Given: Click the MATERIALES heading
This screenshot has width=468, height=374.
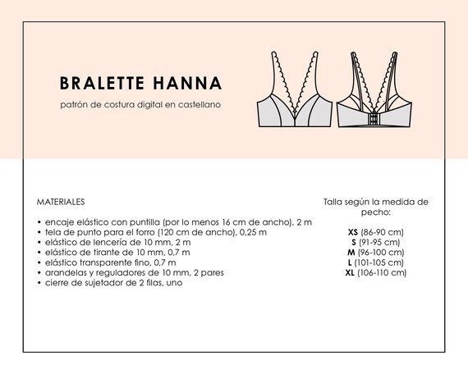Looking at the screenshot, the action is pos(61,201).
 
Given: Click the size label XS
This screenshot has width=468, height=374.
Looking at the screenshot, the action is pos(353,232).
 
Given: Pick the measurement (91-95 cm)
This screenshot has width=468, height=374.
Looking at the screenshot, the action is pos(380,242).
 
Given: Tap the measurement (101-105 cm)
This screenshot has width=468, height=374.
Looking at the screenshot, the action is pos(380,262).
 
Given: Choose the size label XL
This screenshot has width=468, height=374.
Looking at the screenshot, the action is pos(350,272).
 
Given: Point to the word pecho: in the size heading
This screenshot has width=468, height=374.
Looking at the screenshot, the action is pos(376,212).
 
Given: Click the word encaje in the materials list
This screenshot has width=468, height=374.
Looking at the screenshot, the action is pos(59,222).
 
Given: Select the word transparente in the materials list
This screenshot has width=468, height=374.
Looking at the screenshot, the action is pos(104,262).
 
